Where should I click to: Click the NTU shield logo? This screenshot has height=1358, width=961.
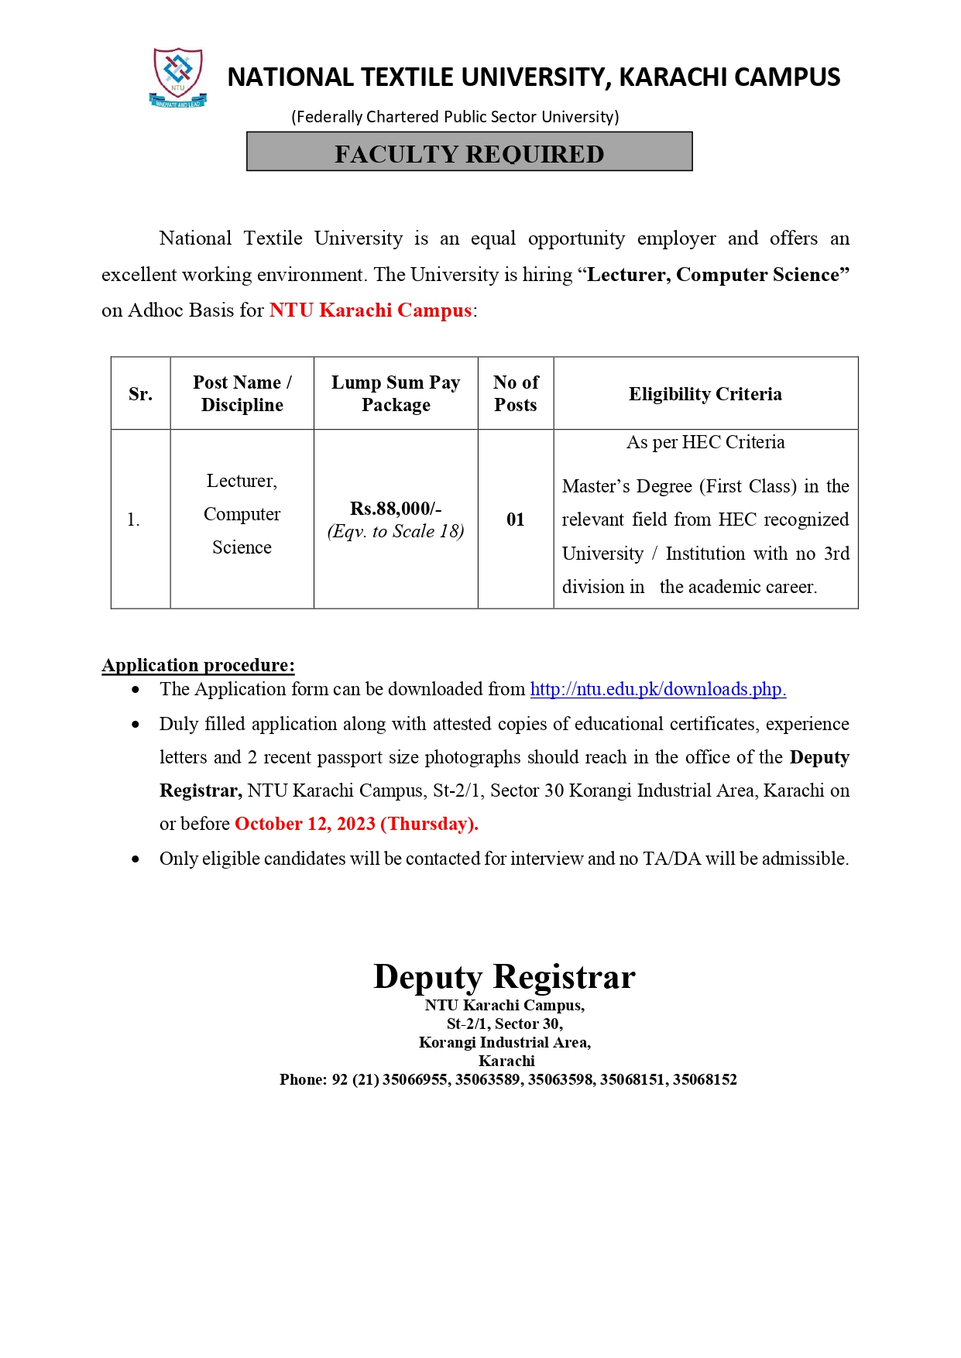coord(178,77)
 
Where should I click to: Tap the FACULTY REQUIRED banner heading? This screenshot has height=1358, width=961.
coord(469,153)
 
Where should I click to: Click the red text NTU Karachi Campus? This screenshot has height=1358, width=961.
coord(370,310)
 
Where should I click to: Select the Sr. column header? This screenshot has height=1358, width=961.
coord(140,394)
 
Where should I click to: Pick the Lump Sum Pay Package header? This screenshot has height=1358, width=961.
coord(396,393)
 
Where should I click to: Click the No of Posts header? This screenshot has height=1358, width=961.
coord(516,393)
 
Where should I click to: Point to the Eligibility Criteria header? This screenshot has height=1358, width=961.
coord(705,394)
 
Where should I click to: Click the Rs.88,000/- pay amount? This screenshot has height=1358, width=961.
coord(396,509)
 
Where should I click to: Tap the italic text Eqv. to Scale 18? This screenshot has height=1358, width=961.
coord(396,531)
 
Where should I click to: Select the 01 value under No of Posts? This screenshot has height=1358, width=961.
coord(516,520)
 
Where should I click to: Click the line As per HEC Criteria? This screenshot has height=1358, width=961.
coord(705,442)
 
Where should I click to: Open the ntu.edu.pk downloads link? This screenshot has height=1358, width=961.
coord(657,689)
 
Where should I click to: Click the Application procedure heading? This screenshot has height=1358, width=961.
coord(198,665)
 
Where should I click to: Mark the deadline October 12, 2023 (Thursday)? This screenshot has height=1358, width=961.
coord(356,824)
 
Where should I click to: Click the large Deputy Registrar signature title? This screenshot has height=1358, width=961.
coord(504,976)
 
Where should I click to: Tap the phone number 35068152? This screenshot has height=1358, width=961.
coord(705,1079)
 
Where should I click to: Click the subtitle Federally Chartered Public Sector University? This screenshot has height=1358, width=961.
coord(455,117)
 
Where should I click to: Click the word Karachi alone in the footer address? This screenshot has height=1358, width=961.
coord(506,1061)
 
